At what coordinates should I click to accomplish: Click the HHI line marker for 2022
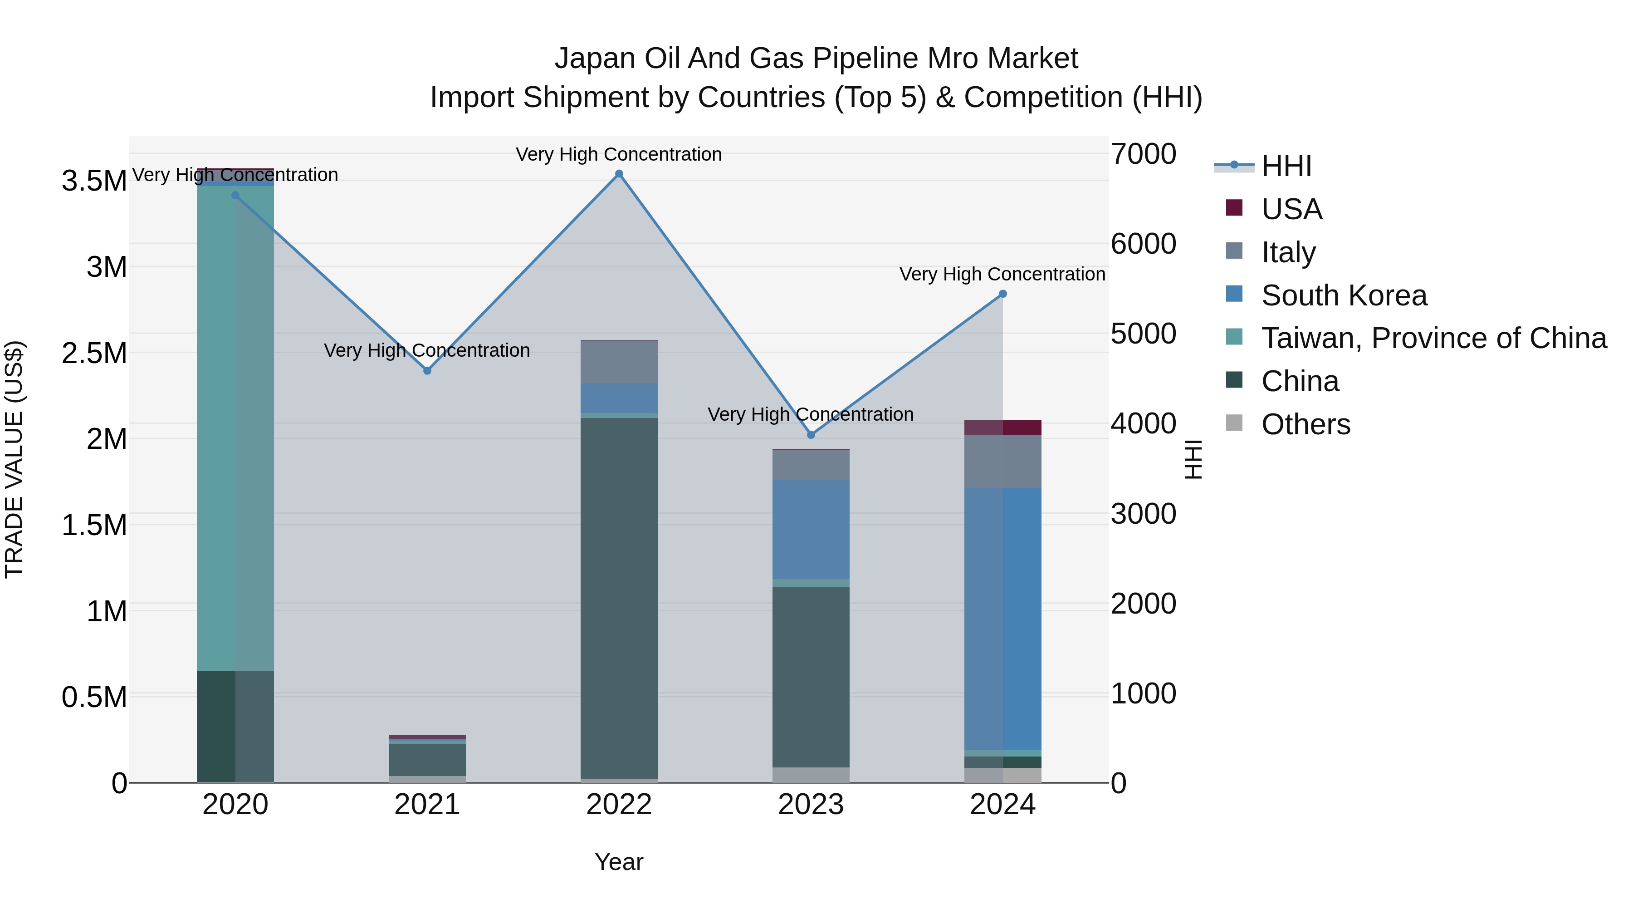coord(619,174)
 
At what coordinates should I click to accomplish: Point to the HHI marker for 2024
coord(1003,294)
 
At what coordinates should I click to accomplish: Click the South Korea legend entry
coord(1343,295)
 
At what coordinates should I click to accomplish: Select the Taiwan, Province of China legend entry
coord(1433,338)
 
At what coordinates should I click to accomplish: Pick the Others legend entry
coord(1305,424)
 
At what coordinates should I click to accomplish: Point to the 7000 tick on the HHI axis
coord(1143,154)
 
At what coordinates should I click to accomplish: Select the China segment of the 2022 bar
coord(619,596)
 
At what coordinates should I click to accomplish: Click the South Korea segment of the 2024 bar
coord(1003,619)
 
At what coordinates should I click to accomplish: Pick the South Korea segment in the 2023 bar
coord(811,530)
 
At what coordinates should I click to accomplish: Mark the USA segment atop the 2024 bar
coord(1003,428)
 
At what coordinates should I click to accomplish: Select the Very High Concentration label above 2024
coord(1002,274)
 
